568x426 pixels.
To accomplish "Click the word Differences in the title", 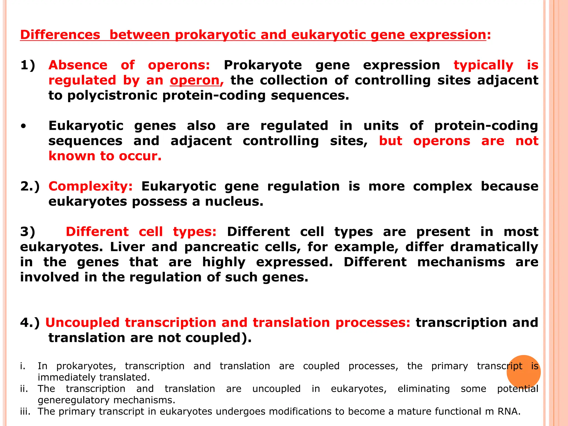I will [x=60, y=35].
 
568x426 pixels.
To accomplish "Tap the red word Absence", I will [x=78, y=65].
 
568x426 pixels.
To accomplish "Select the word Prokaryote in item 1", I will [x=263, y=65].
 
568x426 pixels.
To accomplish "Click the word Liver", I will [x=127, y=247].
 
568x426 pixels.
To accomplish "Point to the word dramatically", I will [x=494, y=247].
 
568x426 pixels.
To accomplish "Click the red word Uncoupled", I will [x=82, y=323].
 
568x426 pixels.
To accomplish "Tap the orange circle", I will [x=523, y=372].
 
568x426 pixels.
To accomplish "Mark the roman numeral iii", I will [x=25, y=412].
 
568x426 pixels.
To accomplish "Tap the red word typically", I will [x=483, y=65].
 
